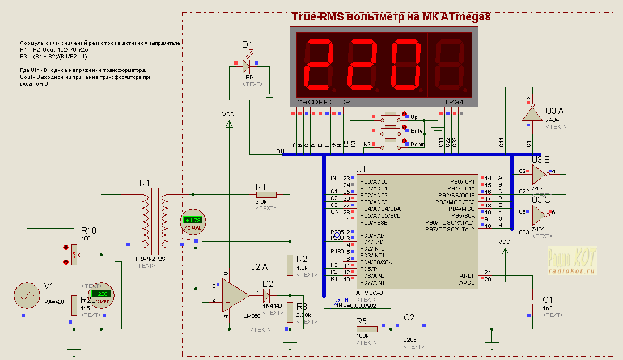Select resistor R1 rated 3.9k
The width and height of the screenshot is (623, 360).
coord(266,194)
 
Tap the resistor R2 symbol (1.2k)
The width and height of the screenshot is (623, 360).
coord(290,264)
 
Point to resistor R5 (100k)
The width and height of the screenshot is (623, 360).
coord(366,328)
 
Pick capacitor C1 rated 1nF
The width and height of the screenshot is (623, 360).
coord(533,302)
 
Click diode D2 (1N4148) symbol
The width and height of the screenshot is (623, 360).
coord(268,294)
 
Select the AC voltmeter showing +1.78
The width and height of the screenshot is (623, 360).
coord(193,221)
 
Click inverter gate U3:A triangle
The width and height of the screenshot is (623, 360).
coord(531,114)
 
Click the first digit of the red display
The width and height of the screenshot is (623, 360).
coord(317,66)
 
